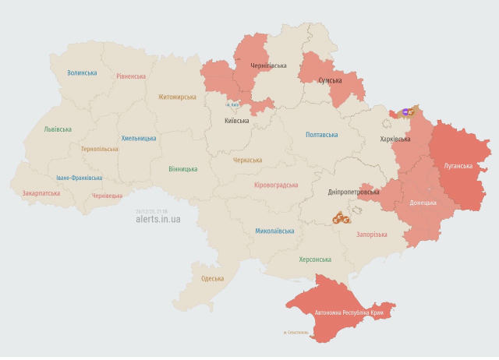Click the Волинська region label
coord(82,72)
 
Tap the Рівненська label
coord(131,76)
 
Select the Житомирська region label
coord(177,97)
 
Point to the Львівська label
coord(58,129)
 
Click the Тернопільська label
coord(100,148)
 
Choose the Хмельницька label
coord(139,138)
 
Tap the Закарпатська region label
coord(41,192)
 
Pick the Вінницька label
coord(182,168)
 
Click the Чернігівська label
coord(268,66)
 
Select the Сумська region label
coord(331,80)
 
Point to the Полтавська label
coord(321,135)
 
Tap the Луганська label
coord(458,166)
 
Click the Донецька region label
coord(423,203)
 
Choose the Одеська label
coord(213,278)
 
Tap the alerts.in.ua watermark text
coord(157,220)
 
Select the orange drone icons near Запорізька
coord(340,220)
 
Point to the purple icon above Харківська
coord(405,111)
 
